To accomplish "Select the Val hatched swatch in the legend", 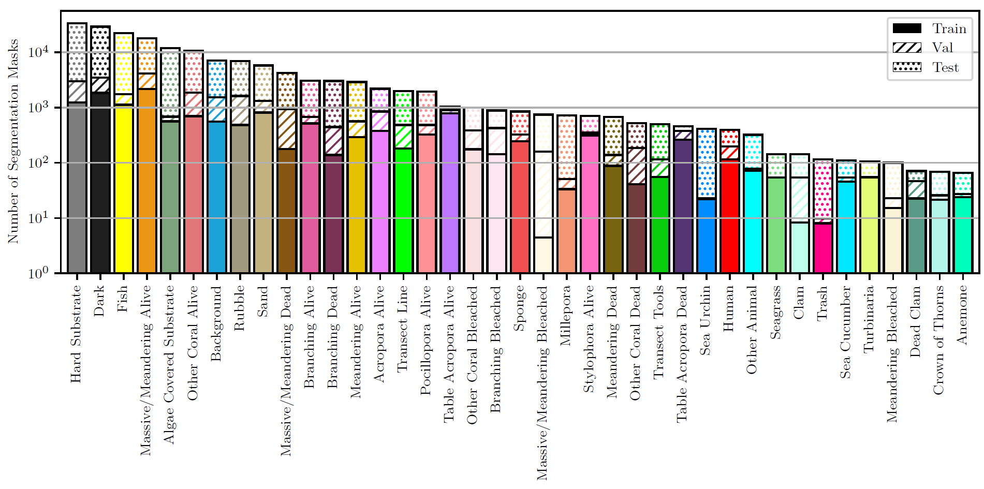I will pyautogui.click(x=907, y=48).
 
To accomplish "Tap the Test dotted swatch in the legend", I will pyautogui.click(x=907, y=67).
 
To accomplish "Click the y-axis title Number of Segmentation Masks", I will pyautogui.click(x=13, y=141).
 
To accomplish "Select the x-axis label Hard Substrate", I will pyautogui.click(x=76, y=334).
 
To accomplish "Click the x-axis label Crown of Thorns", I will pyautogui.click(x=938, y=340).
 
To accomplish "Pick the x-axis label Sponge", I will pyautogui.click(x=519, y=308).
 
